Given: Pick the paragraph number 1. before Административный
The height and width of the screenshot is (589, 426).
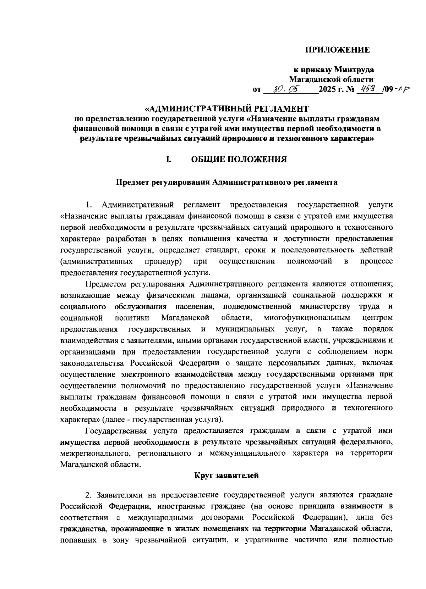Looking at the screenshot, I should (x=89, y=205).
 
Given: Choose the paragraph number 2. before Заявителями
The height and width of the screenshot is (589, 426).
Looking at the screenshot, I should (x=89, y=494).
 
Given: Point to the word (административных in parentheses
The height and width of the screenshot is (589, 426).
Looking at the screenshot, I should (x=97, y=261).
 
